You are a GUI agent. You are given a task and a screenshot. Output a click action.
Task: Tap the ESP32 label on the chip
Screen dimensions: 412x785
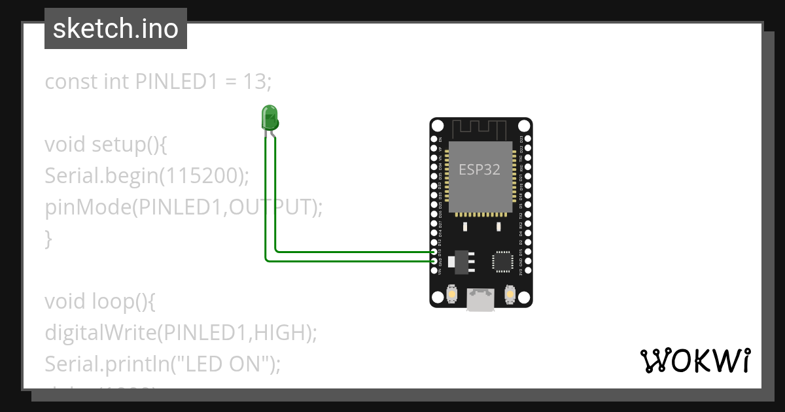(480, 170)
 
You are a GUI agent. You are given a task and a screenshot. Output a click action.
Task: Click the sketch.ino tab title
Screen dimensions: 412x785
(116, 29)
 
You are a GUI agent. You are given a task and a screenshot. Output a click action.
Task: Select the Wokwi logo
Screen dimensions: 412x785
(695, 360)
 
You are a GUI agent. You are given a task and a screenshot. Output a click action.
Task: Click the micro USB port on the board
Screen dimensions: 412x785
(481, 300)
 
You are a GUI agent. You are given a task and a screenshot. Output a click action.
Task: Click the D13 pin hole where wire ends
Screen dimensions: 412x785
(434, 252)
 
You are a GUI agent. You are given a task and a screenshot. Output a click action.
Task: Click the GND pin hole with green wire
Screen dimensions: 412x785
(434, 261)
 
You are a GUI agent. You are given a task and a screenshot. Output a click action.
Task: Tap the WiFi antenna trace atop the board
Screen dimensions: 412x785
(481, 129)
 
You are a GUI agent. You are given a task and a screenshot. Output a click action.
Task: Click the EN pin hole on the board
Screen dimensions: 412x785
(434, 139)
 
